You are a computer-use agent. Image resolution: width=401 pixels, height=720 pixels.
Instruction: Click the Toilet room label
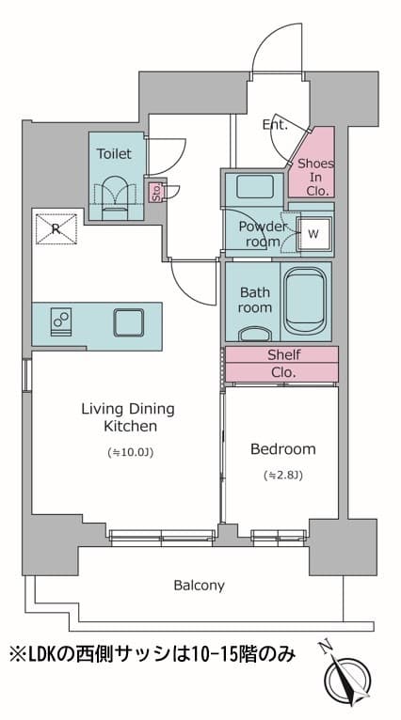tap(114, 153)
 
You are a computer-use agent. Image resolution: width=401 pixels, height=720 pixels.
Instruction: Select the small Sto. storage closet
tap(155, 191)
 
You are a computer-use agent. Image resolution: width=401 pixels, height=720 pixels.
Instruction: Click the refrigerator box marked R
tap(56, 228)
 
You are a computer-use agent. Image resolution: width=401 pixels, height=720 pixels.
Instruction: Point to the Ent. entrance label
tap(275, 124)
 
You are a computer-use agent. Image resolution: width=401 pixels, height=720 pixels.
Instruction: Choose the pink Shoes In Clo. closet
tap(315, 164)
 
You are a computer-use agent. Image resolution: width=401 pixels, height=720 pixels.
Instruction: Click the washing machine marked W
tap(313, 234)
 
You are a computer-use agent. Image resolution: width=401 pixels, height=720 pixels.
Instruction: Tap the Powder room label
tap(263, 234)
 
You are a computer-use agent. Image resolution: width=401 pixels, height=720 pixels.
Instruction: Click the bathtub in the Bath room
tap(304, 300)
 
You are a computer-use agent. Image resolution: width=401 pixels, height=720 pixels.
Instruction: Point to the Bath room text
tap(254, 300)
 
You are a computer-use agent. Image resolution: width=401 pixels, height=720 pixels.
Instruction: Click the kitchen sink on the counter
tap(129, 321)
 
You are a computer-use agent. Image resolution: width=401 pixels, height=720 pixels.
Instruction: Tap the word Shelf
tap(284, 354)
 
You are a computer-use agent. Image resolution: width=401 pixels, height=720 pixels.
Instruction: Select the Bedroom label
tap(283, 448)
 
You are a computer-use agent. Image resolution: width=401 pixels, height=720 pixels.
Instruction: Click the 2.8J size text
tap(282, 476)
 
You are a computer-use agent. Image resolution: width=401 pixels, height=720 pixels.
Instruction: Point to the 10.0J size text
tap(130, 453)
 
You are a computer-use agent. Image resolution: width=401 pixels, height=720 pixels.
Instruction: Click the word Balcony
tap(200, 586)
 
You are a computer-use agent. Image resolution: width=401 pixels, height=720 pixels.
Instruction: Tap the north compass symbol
tap(346, 675)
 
